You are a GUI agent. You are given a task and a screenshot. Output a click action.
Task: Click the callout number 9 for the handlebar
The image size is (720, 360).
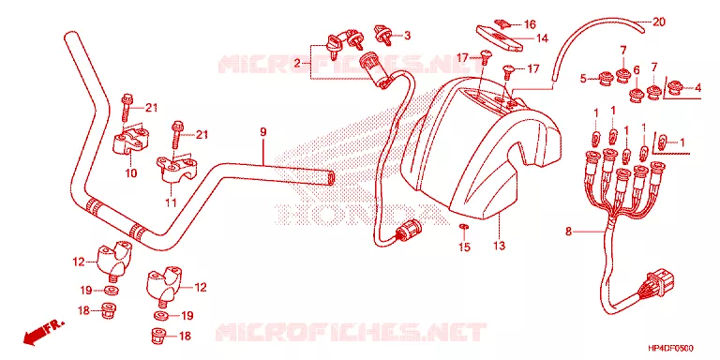[x=263, y=132]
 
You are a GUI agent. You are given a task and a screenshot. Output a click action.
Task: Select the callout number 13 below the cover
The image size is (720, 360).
[x=499, y=246]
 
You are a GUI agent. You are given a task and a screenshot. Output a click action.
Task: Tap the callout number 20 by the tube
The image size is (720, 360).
[x=659, y=22]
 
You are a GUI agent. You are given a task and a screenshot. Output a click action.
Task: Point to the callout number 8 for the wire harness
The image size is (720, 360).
[x=568, y=232]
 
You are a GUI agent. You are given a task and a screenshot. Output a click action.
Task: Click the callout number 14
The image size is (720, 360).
[x=542, y=39]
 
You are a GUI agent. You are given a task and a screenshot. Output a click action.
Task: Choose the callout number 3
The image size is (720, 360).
[x=407, y=36]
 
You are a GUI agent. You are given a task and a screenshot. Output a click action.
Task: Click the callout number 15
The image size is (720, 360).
[x=464, y=247]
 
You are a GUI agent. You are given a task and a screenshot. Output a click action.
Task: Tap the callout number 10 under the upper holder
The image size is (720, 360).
[x=131, y=173]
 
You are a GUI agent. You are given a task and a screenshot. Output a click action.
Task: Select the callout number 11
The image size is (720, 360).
[x=171, y=202]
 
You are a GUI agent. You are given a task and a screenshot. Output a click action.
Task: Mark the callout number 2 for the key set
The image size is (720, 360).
[x=296, y=63]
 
